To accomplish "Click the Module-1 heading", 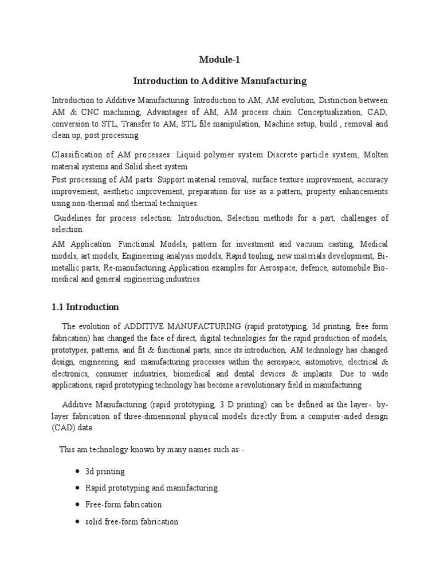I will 220,60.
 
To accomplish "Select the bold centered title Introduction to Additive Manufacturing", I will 220,81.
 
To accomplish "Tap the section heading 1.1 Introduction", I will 85,307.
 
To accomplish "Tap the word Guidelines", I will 74,218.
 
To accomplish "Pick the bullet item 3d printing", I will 105,472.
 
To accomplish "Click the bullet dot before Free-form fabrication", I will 77,505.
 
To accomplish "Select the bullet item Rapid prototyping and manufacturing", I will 152,488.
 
